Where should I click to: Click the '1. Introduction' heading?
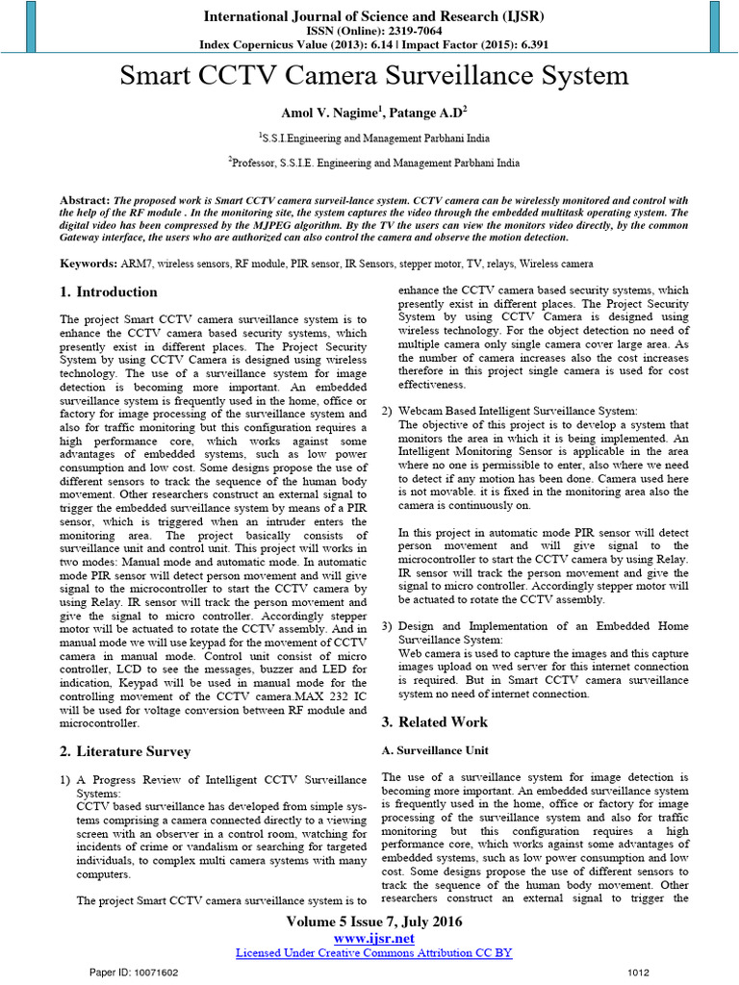tap(109, 292)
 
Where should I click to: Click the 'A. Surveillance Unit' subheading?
tap(435, 750)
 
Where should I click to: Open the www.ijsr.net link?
tap(374, 937)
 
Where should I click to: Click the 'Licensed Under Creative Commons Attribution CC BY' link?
tap(374, 952)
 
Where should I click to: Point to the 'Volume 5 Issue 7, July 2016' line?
tap(374, 922)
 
